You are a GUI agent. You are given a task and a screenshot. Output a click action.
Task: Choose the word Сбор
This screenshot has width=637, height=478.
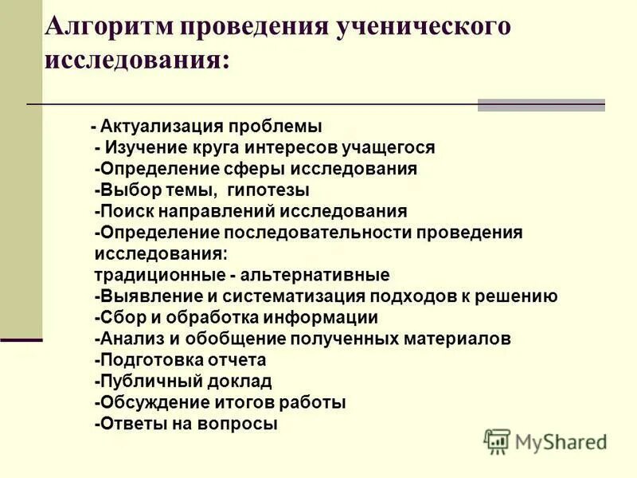(122, 317)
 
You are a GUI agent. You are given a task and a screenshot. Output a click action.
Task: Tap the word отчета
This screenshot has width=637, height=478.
(236, 359)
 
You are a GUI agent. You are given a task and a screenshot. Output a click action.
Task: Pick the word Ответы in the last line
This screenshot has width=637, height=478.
(128, 424)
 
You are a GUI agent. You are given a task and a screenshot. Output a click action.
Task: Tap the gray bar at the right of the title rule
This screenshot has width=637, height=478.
(541, 104)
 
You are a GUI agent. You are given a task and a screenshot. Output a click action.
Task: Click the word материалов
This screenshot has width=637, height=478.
(460, 339)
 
